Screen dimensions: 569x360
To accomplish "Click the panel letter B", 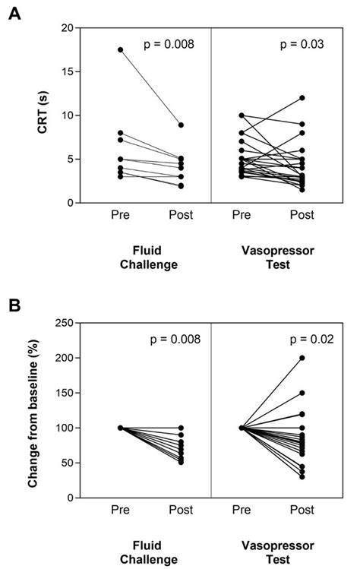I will pos(14,308).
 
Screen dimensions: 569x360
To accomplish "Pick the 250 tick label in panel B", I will pos(63,323).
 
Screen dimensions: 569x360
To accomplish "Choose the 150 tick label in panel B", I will pos(63,393).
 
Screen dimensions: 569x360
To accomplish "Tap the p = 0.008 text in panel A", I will pos(169,45).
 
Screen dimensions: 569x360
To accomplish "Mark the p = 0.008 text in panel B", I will pos(169,340).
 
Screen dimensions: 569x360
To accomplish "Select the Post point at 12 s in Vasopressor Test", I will pos(302,98).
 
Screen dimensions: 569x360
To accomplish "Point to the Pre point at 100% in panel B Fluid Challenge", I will pos(120,428).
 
